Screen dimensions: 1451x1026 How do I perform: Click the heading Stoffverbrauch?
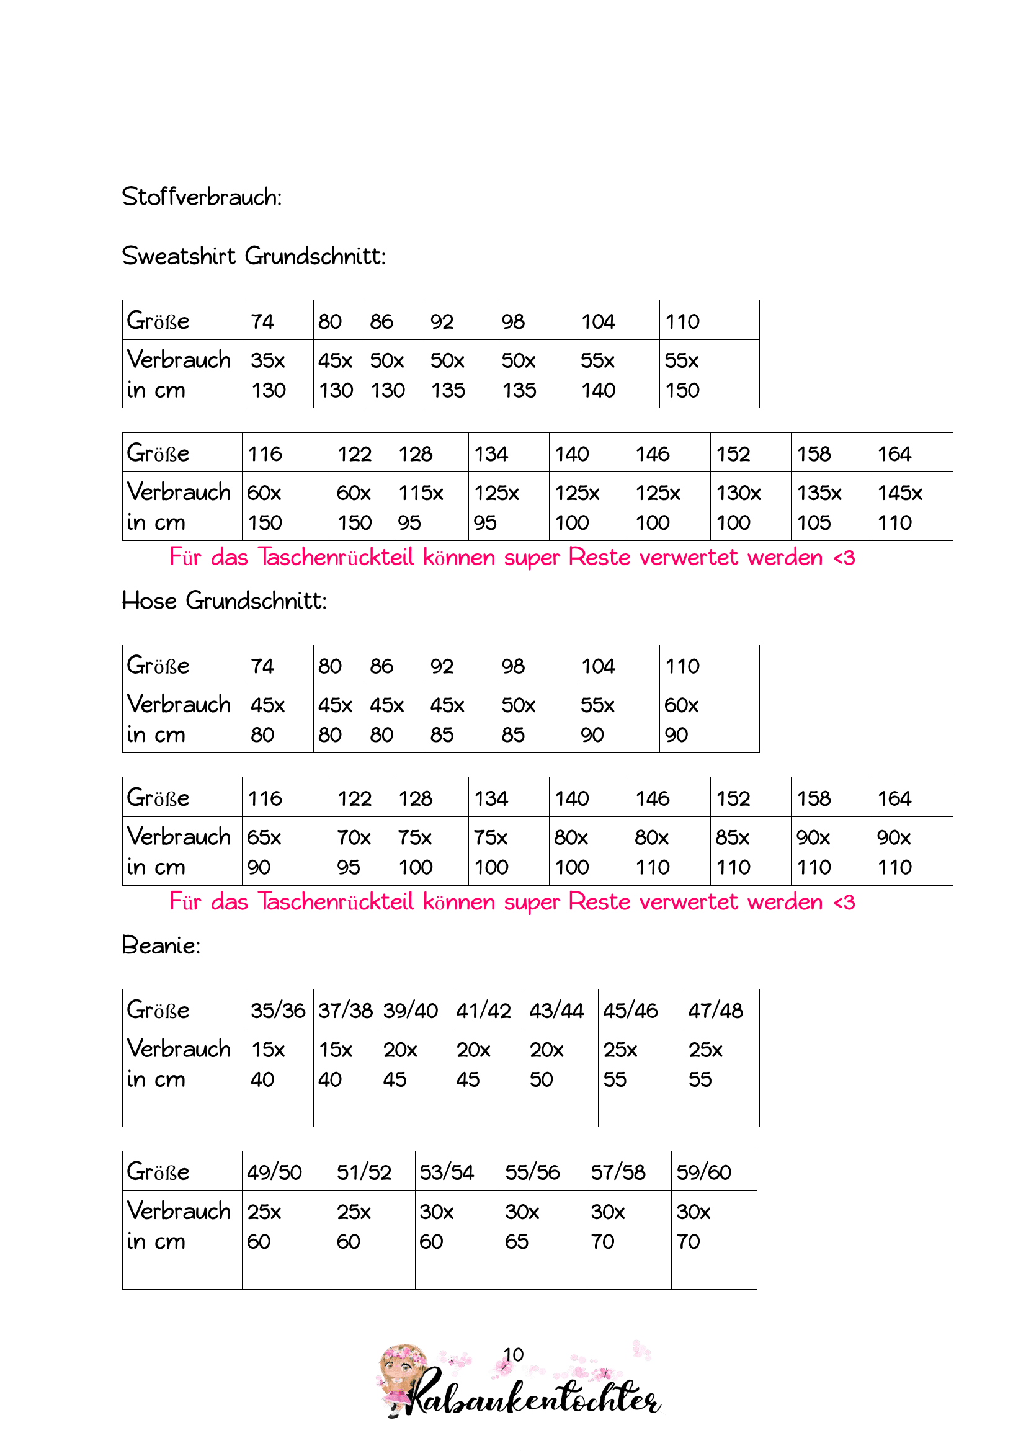202,197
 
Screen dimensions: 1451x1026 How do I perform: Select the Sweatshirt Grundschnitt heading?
253,257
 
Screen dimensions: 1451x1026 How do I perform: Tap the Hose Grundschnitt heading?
225,601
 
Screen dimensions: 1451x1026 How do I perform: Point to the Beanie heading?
161,945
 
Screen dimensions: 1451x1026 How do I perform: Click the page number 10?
513,1354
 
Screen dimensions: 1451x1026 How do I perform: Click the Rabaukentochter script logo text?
534,1398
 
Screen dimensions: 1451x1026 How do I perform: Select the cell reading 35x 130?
269,375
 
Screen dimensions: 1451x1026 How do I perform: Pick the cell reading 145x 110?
899,507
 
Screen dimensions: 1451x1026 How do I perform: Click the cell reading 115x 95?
421,507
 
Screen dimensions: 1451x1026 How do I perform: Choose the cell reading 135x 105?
819,507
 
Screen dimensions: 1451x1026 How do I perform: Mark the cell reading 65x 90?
264,852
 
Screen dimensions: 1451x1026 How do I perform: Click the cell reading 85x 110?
733,852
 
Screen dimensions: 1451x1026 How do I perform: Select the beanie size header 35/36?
278,1011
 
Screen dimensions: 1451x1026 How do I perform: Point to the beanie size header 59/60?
704,1172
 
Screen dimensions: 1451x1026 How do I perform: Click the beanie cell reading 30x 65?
522,1226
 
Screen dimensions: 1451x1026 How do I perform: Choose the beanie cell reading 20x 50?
546,1065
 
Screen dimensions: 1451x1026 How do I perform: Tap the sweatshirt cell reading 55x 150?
682,375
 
